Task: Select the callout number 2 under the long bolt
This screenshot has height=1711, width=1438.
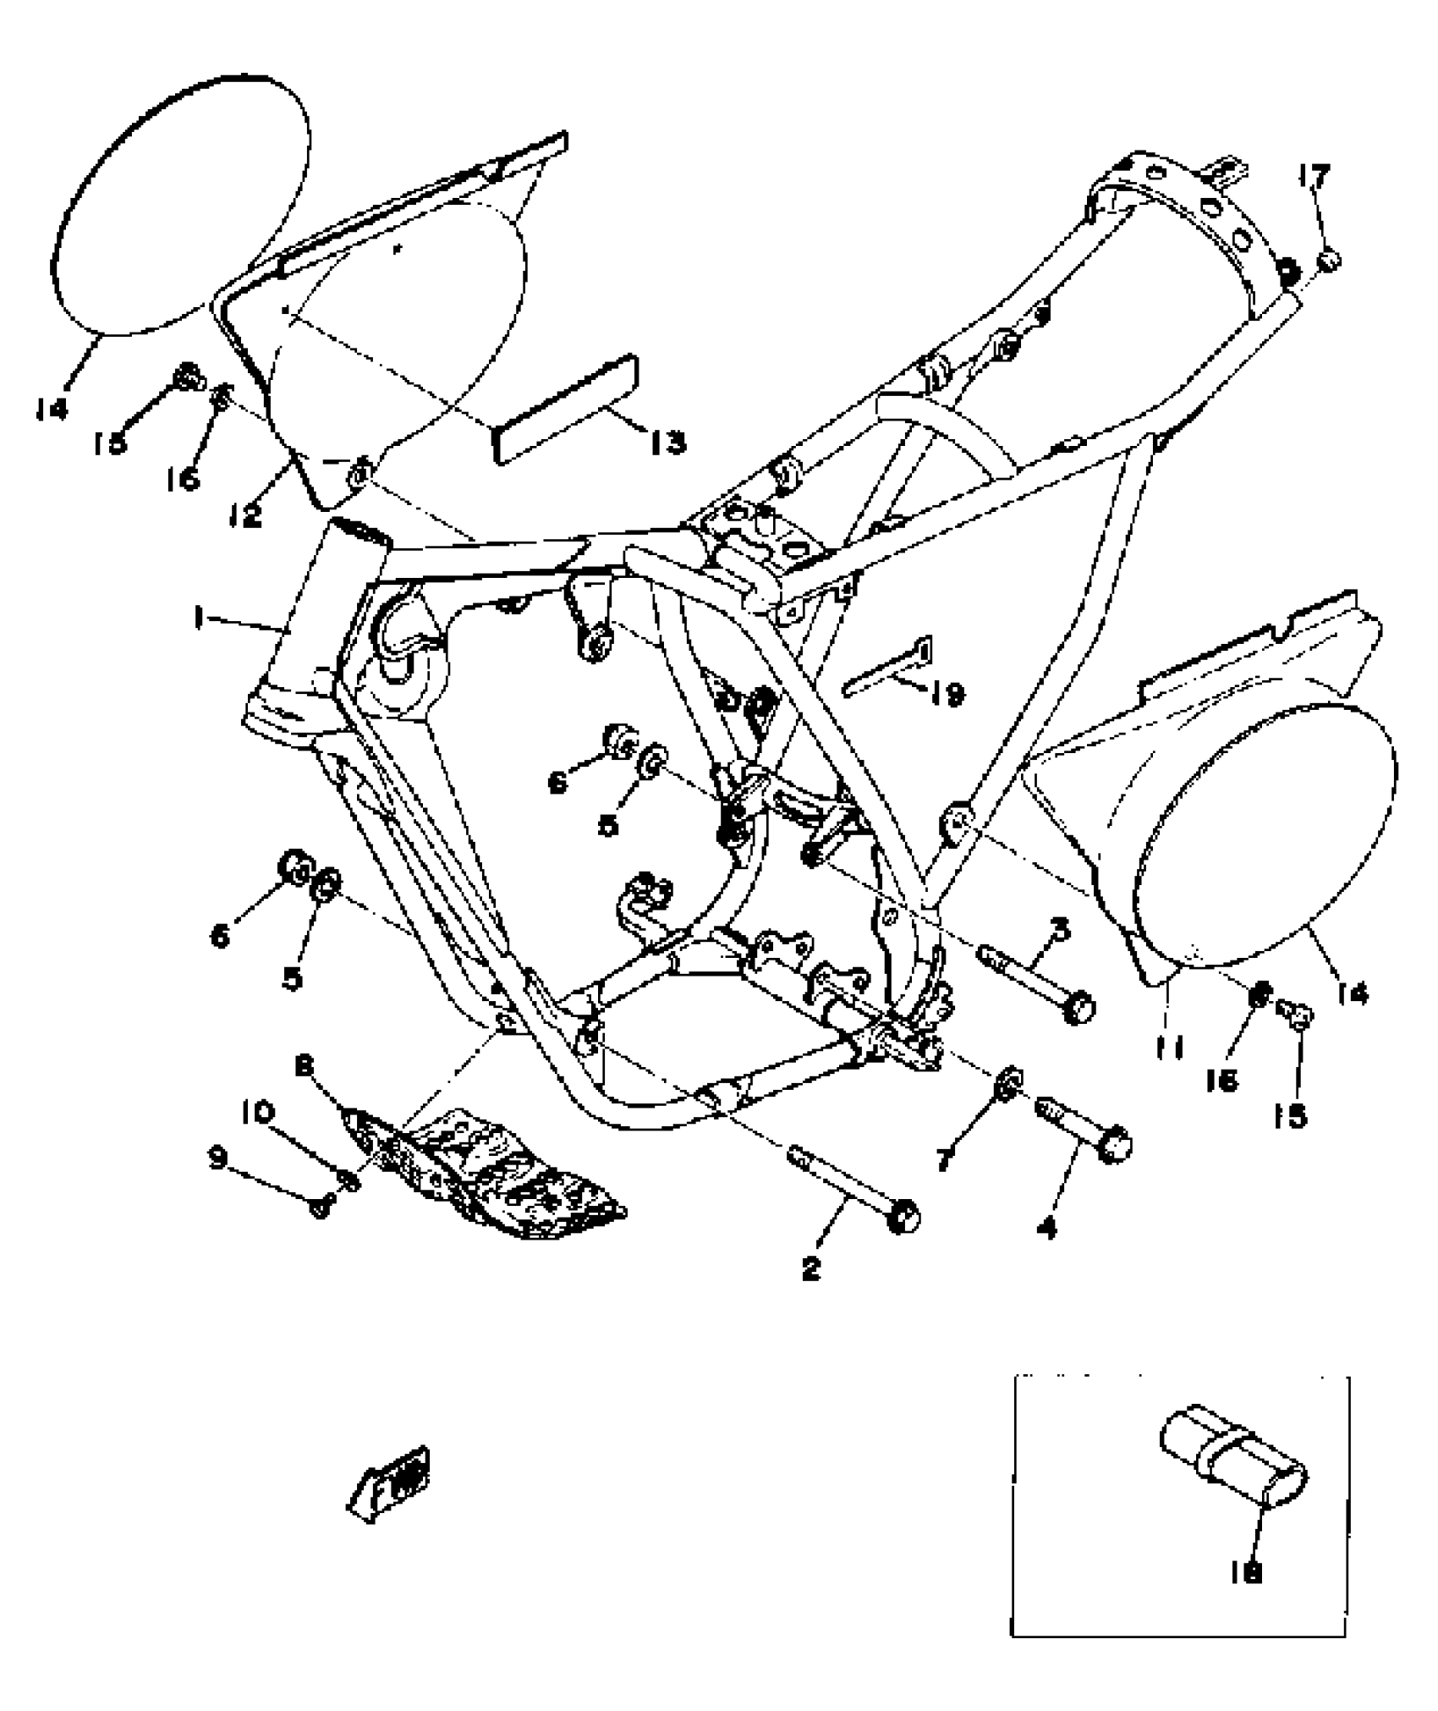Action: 811,1292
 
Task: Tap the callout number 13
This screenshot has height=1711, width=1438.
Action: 668,442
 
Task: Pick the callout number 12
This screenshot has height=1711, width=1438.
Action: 245,514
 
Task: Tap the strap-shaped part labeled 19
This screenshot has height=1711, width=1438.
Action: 888,670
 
